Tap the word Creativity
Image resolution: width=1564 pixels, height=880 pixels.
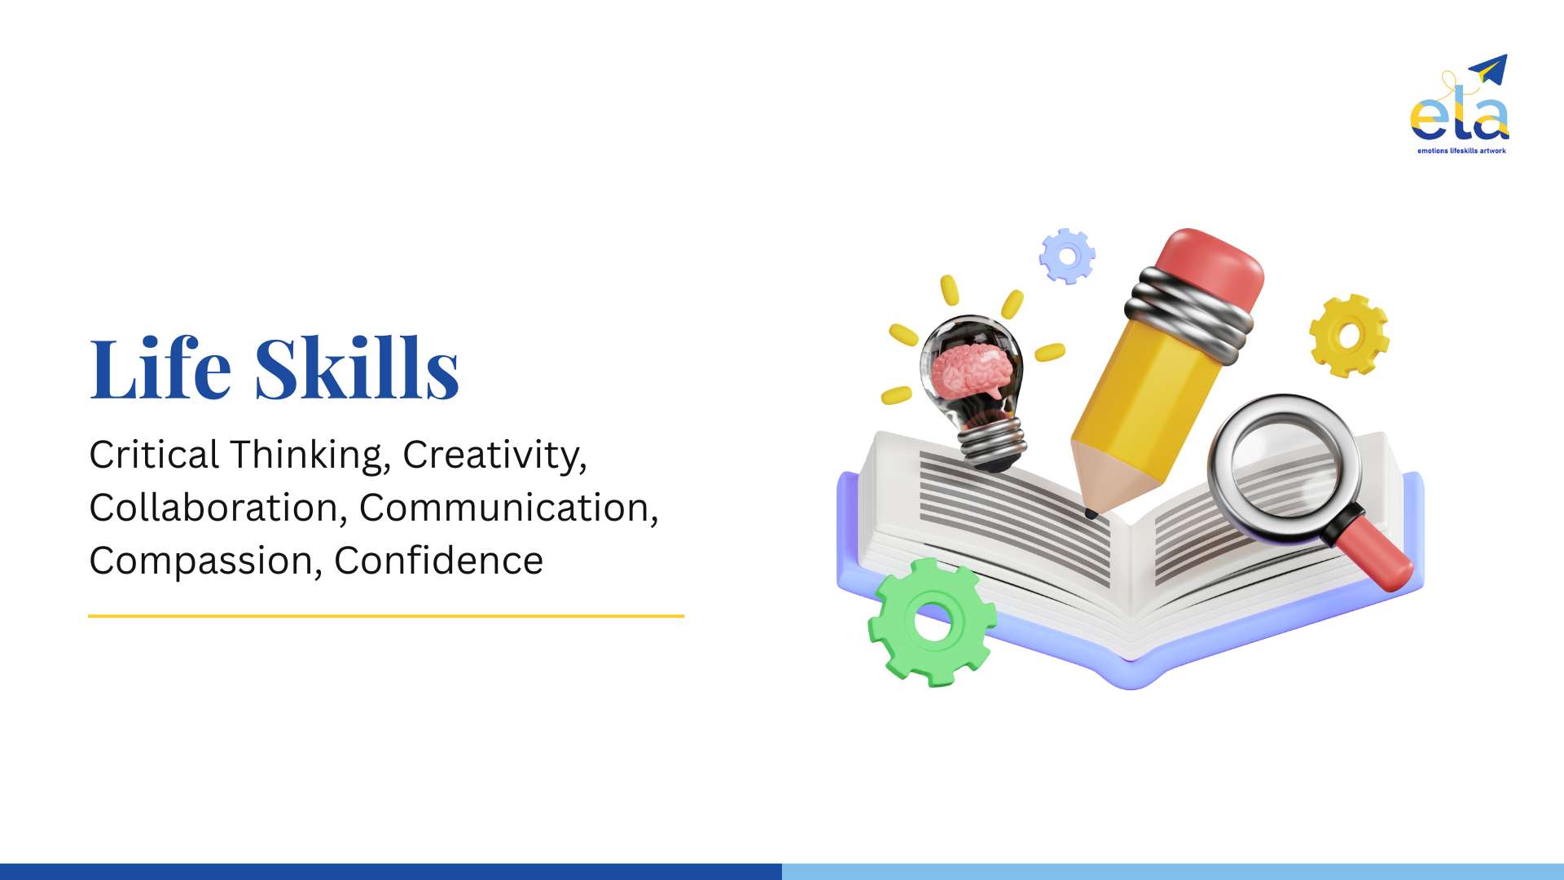[494, 455]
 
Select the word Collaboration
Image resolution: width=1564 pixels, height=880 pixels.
[213, 508]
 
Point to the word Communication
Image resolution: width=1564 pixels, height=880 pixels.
[508, 508]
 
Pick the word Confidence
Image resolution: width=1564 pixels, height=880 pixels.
[438, 561]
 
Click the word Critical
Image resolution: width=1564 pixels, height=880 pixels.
[154, 455]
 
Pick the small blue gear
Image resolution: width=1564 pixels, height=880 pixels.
[1067, 256]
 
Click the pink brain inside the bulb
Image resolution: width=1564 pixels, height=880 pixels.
[973, 372]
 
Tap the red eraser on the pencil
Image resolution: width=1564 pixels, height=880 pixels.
[1209, 269]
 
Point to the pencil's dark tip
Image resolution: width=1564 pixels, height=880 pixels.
[1091, 513]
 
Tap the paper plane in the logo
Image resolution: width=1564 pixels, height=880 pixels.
[1488, 68]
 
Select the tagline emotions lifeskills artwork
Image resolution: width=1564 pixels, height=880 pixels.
[1461, 151]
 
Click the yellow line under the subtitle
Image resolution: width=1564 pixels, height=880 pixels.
[386, 616]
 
